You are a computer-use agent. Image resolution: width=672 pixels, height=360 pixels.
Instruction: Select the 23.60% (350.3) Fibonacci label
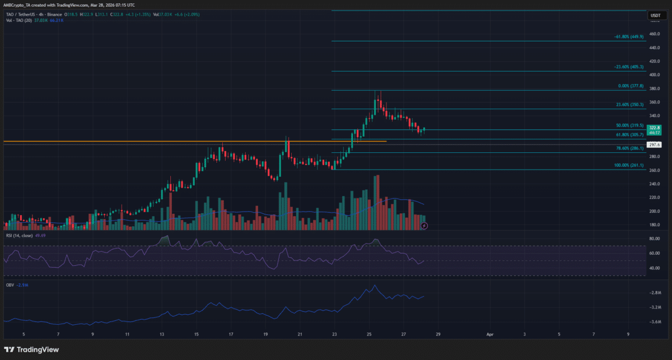629,105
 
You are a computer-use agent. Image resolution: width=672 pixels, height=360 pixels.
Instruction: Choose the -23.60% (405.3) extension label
628,67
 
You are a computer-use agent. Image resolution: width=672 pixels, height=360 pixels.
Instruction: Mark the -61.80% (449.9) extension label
628,37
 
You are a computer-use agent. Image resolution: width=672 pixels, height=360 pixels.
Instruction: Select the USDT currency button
655,16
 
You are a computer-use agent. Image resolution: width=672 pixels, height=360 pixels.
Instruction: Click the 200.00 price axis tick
655,212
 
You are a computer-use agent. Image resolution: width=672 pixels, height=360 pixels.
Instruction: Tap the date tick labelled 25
370,334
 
